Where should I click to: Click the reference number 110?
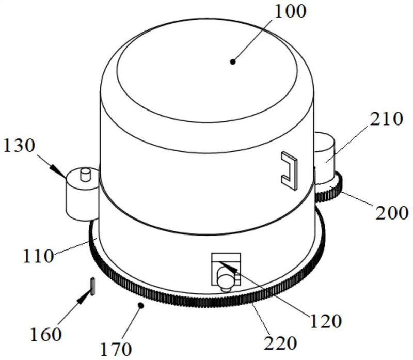click(37, 255)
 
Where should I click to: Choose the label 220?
click(281, 343)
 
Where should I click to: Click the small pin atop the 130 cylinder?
click(86, 173)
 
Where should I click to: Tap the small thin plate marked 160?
click(92, 286)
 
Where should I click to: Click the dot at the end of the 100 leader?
click(233, 61)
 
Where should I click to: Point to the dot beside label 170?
click(140, 306)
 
